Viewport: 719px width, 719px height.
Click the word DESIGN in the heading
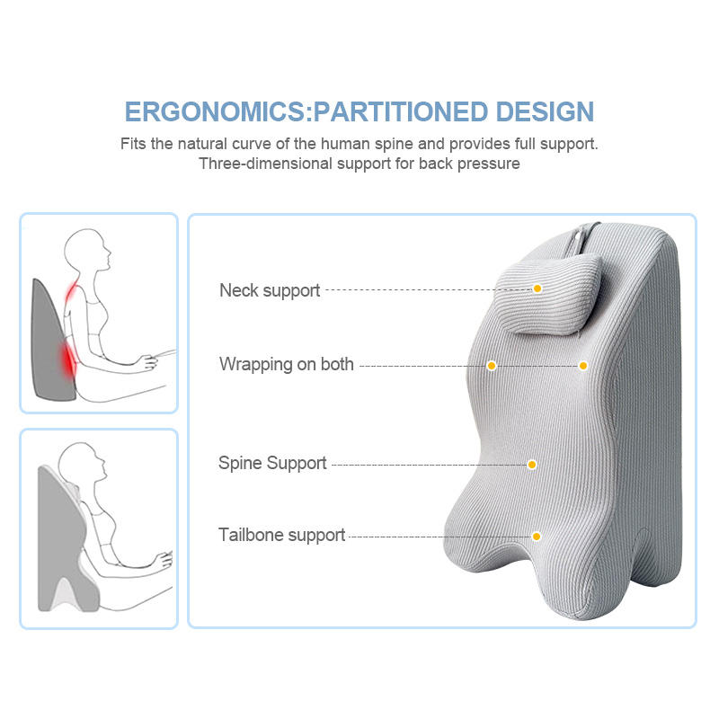pyautogui.click(x=545, y=112)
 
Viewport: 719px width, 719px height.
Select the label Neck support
pyautogui.click(x=270, y=290)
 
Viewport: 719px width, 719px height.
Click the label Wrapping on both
pyautogui.click(x=287, y=365)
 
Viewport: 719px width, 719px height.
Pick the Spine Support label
pyautogui.click(x=272, y=464)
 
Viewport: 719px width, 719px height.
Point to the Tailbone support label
pyautogui.click(x=281, y=536)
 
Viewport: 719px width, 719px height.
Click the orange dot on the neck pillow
pyautogui.click(x=537, y=288)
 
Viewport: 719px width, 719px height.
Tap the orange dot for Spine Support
pyautogui.click(x=532, y=465)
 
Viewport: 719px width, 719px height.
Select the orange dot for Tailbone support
pyautogui.click(x=537, y=537)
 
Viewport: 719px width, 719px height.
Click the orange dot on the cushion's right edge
pyautogui.click(x=583, y=366)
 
